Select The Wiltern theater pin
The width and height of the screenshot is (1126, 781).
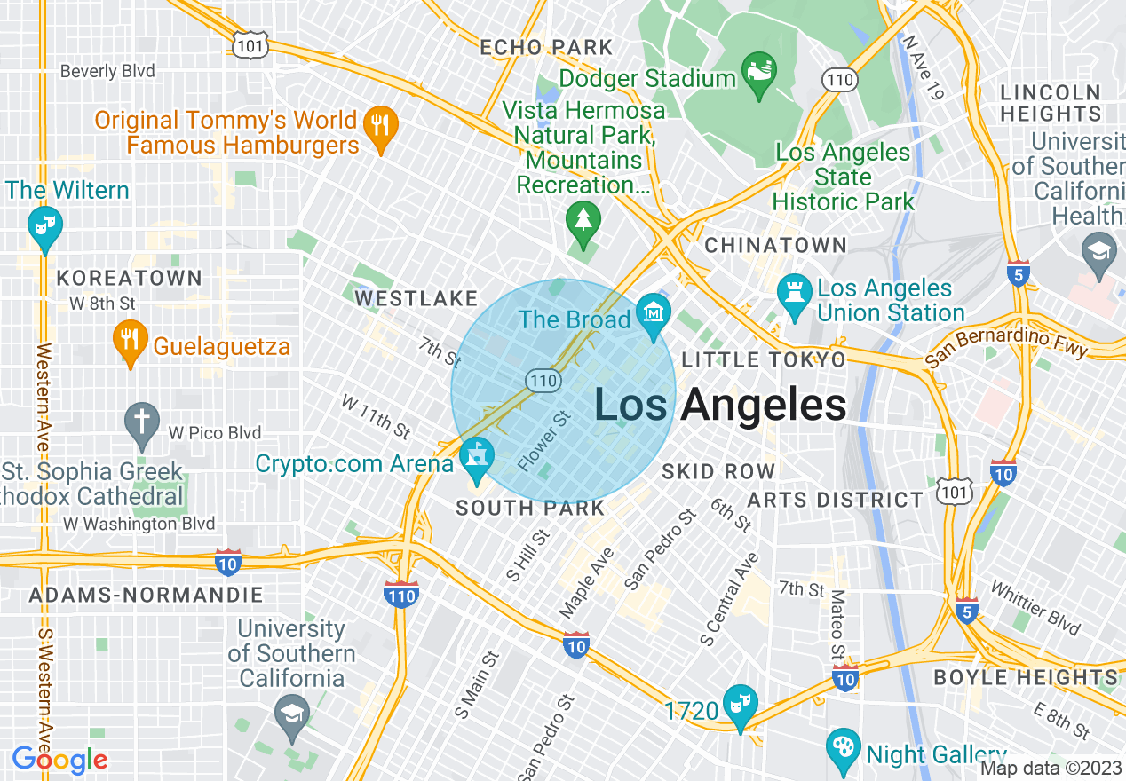pyautogui.click(x=42, y=225)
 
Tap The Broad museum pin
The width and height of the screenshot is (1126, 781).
pyautogui.click(x=654, y=315)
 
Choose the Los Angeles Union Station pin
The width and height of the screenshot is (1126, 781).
pyautogui.click(x=793, y=295)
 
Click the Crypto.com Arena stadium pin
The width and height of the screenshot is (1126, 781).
pyautogui.click(x=477, y=457)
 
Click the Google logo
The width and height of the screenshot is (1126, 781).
pyautogui.click(x=59, y=760)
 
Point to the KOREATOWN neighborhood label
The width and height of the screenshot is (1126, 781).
pyautogui.click(x=130, y=279)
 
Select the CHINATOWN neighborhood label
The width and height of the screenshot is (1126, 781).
pyautogui.click(x=775, y=245)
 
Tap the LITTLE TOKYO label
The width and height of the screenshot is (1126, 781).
pyautogui.click(x=764, y=359)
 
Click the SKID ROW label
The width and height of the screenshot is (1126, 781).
pyautogui.click(x=718, y=471)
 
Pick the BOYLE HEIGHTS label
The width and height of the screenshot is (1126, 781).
pyautogui.click(x=1025, y=678)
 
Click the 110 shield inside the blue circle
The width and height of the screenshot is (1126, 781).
pyautogui.click(x=542, y=381)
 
